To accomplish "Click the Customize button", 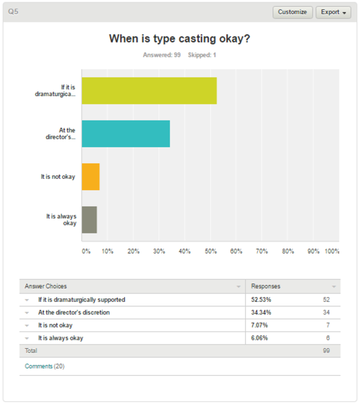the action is click(x=293, y=12).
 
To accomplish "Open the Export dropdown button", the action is click(x=333, y=12).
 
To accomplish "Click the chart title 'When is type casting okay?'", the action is click(x=179, y=39).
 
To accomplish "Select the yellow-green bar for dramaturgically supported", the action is click(x=149, y=91).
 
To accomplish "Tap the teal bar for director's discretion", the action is click(x=126, y=134).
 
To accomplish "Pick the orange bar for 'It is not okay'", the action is click(x=91, y=176).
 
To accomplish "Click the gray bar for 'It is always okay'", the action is click(x=89, y=220).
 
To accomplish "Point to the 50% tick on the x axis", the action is click(x=211, y=251).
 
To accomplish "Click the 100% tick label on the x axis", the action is click(x=332, y=251).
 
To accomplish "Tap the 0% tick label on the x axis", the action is click(x=86, y=251).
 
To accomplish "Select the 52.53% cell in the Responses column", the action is click(x=261, y=300).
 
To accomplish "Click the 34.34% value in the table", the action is click(x=261, y=313).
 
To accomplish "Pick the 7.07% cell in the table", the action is click(x=259, y=325).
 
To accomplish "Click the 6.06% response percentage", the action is click(x=259, y=338).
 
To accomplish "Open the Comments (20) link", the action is click(x=44, y=366).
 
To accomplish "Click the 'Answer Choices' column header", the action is click(x=46, y=286).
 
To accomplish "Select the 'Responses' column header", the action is click(x=266, y=286).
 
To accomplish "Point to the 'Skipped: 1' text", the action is click(x=202, y=55).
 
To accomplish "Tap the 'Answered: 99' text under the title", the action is click(x=162, y=55).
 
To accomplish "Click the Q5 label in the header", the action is click(x=13, y=11).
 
